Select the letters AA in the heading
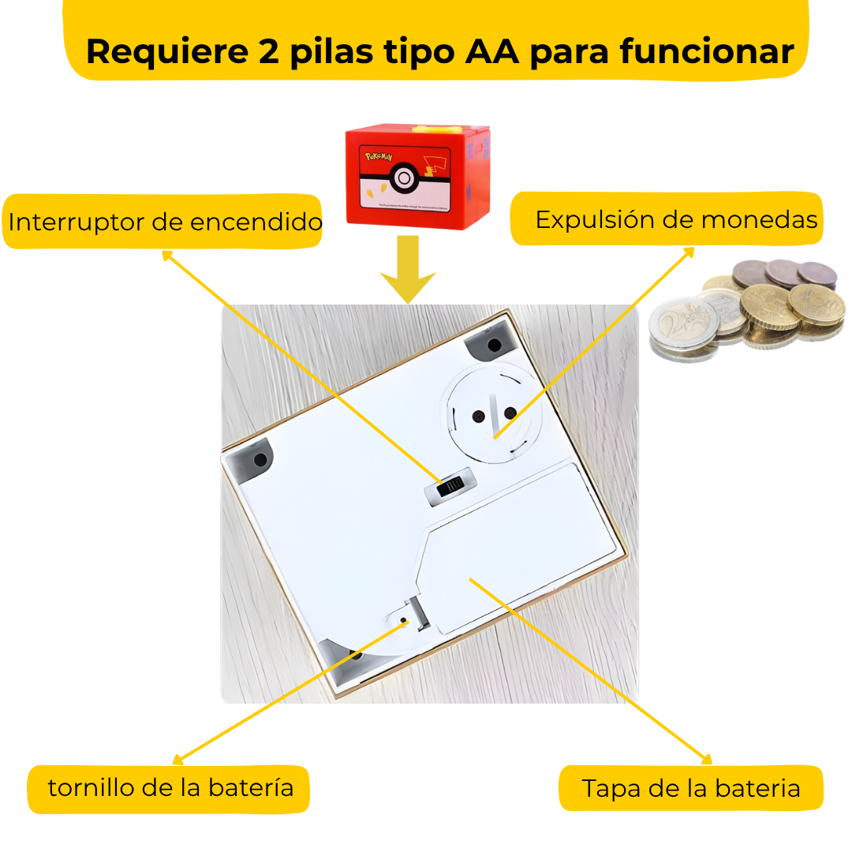pos(492,51)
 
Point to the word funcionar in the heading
pos(706,51)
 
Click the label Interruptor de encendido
pos(164,222)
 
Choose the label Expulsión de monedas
pos(676,219)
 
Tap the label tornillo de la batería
pos(170,787)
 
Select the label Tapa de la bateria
pos(690,788)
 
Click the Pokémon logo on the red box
pos(378,157)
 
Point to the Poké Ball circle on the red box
pos(403,177)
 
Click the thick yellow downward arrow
pos(408,272)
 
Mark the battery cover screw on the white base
pos(404,620)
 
